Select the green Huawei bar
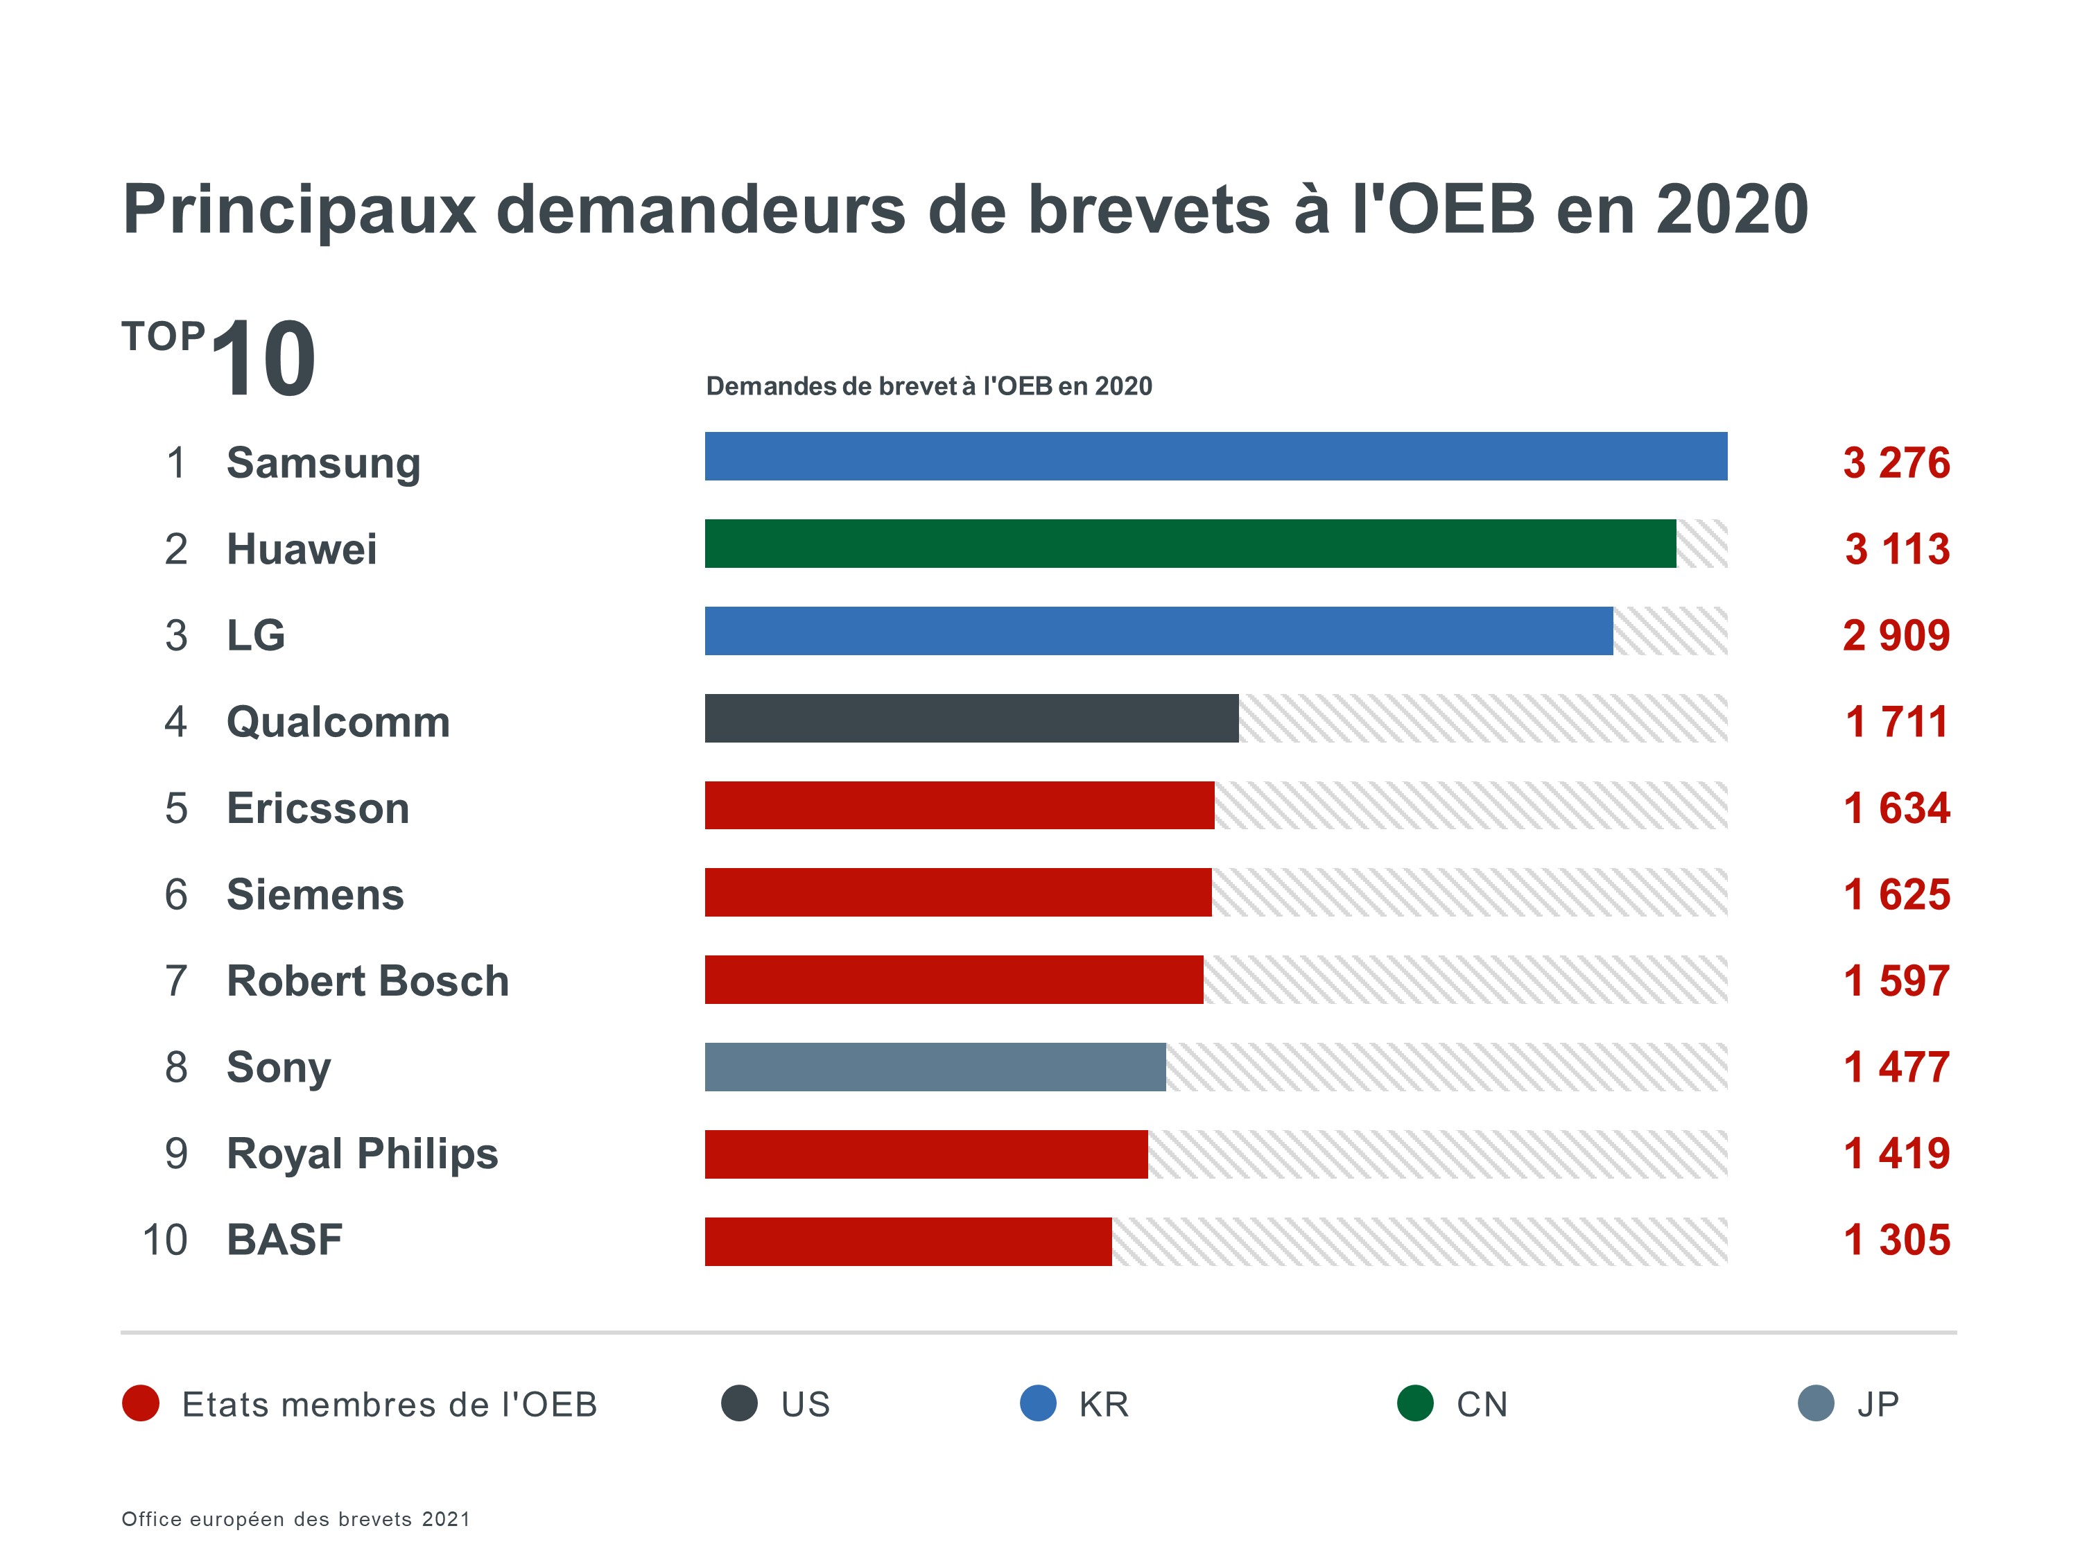point(1190,544)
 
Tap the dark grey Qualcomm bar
point(971,718)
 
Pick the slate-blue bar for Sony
point(935,1066)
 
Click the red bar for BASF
point(908,1241)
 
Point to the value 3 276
point(1896,462)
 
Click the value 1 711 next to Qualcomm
point(1896,722)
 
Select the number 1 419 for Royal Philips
point(1896,1154)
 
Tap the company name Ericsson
point(318,808)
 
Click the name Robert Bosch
point(367,981)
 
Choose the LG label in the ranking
point(256,636)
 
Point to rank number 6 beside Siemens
point(176,894)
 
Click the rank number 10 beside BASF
point(164,1240)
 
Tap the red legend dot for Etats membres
point(141,1403)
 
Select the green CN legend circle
point(1415,1403)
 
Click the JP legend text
point(1878,1404)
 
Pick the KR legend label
point(1104,1404)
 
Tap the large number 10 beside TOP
point(263,358)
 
